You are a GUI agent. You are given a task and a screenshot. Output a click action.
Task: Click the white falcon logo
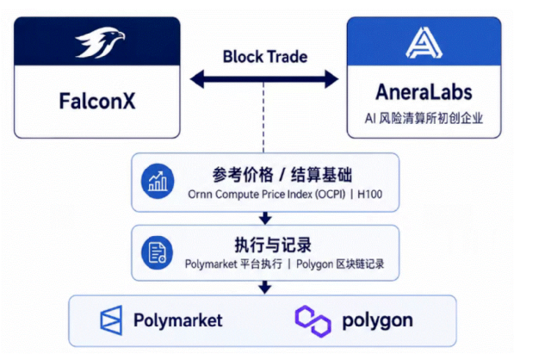(100, 42)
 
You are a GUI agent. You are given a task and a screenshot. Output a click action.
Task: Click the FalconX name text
(97, 102)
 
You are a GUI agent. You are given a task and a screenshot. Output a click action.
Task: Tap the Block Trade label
(265, 57)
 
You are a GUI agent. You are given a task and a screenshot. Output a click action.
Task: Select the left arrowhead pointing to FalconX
(197, 78)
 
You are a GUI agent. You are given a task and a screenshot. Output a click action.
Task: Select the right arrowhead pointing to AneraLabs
(331, 78)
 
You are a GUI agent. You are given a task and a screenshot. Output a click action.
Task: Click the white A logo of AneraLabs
(424, 42)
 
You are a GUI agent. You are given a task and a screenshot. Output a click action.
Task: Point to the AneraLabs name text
(424, 92)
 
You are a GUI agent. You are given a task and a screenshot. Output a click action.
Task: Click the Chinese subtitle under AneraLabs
(424, 118)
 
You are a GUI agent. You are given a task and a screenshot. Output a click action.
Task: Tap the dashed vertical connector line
(263, 118)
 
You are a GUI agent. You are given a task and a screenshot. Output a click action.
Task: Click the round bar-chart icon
(158, 182)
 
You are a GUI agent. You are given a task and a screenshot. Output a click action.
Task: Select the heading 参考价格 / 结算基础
(282, 175)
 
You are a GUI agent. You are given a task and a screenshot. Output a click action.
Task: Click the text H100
(369, 195)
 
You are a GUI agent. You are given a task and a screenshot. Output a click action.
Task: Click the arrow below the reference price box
(265, 218)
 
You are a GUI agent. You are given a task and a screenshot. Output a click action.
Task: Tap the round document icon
(157, 252)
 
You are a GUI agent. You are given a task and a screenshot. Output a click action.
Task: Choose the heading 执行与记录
(273, 245)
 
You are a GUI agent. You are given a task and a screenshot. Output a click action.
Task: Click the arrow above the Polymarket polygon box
(265, 288)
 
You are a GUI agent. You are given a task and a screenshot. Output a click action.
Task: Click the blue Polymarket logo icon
(111, 320)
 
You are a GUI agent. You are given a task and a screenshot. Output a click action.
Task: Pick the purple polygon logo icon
(313, 321)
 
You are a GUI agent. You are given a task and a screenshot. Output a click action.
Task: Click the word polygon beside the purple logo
(378, 321)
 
